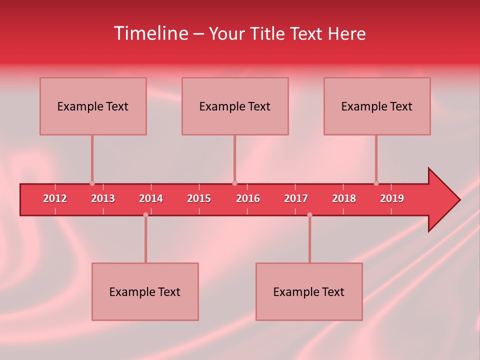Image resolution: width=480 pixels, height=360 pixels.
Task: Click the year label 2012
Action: [x=55, y=198]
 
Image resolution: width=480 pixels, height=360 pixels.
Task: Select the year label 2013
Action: [x=103, y=198]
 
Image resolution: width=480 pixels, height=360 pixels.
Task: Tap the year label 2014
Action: [x=151, y=198]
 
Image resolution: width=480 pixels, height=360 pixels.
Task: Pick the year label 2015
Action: [x=199, y=198]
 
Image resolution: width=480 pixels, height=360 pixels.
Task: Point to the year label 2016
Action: [x=248, y=198]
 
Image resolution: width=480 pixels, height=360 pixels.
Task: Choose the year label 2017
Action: [x=296, y=198]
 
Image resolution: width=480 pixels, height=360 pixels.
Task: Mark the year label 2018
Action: [x=344, y=198]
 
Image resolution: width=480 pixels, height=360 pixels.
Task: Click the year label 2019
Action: [x=392, y=198]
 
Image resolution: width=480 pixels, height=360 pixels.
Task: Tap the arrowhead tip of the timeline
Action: [x=458, y=200]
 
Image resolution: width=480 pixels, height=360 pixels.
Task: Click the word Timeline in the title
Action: [x=150, y=33]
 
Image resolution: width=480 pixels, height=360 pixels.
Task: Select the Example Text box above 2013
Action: [x=93, y=106]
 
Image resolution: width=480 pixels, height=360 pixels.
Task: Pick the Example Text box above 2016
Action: [x=235, y=106]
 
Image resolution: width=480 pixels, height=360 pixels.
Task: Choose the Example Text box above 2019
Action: [x=377, y=106]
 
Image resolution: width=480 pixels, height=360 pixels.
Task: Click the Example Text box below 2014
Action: [x=145, y=291]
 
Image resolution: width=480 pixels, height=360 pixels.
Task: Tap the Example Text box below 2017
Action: [x=309, y=291]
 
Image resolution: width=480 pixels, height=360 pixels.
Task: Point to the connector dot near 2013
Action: [x=92, y=183]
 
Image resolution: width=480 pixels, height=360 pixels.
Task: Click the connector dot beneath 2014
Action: [x=145, y=215]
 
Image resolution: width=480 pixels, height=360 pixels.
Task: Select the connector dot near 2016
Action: [x=234, y=183]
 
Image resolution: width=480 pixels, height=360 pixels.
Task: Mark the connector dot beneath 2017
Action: [x=309, y=215]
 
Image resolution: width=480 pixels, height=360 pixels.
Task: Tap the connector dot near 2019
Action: [x=376, y=183]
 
